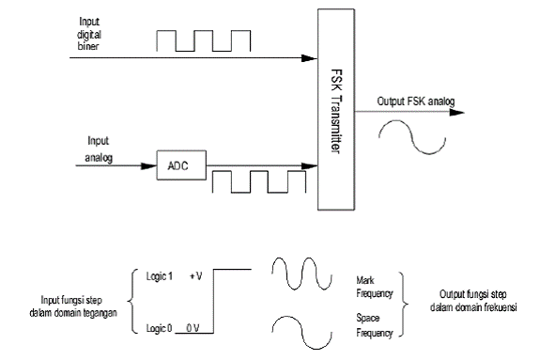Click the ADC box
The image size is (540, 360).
click(x=178, y=166)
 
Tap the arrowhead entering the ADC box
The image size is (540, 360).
click(x=150, y=166)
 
